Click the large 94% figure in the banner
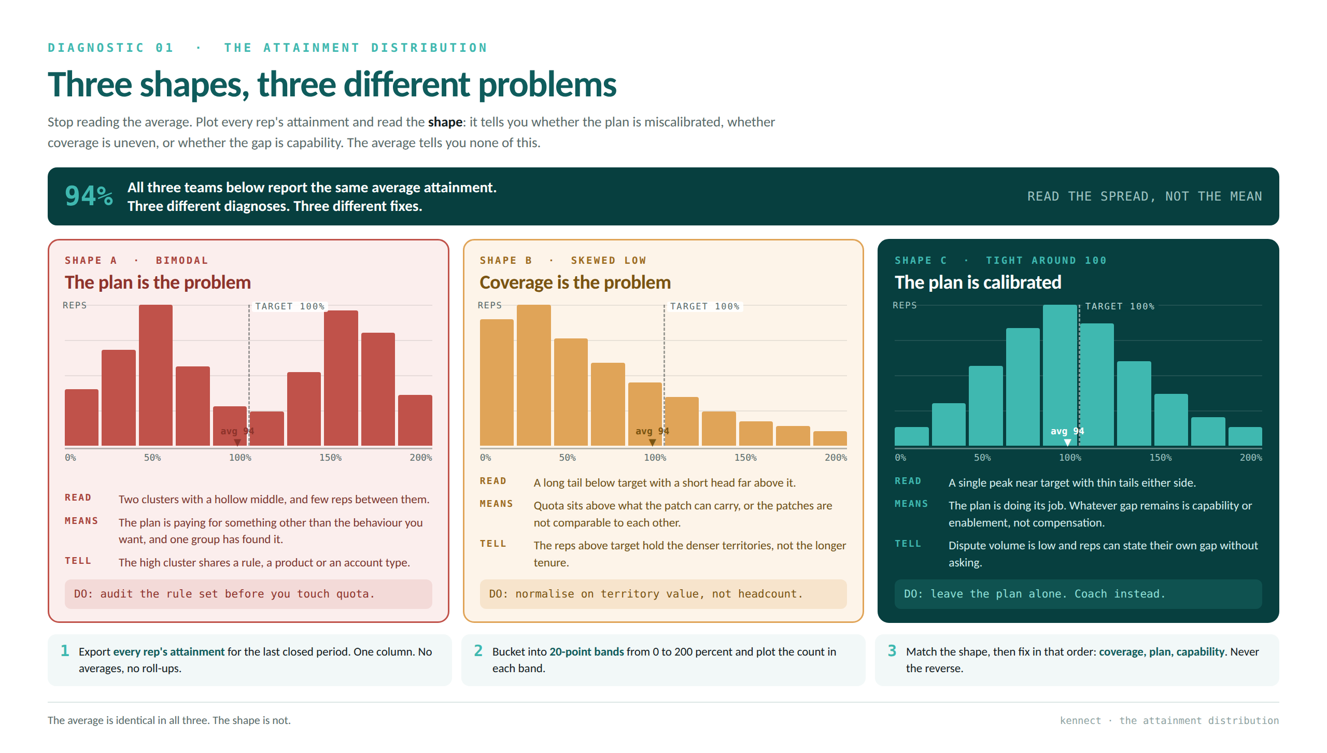[89, 196]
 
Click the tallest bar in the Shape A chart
[156, 375]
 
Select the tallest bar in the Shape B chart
[533, 375]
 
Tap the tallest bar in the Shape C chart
[1060, 375]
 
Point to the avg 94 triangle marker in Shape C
[1067, 442]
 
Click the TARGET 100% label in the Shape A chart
[290, 306]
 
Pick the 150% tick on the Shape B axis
[745, 458]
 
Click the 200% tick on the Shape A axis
[420, 458]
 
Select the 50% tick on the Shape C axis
[982, 458]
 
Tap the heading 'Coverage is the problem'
[575, 282]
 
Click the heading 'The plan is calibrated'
[978, 282]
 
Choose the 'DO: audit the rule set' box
[248, 594]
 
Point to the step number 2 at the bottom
[478, 650]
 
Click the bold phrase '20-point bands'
[586, 651]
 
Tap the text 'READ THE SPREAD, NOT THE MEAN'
[1145, 196]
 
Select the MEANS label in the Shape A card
[81, 521]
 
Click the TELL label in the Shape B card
[492, 544]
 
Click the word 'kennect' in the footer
[1080, 720]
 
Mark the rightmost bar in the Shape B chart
[830, 438]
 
